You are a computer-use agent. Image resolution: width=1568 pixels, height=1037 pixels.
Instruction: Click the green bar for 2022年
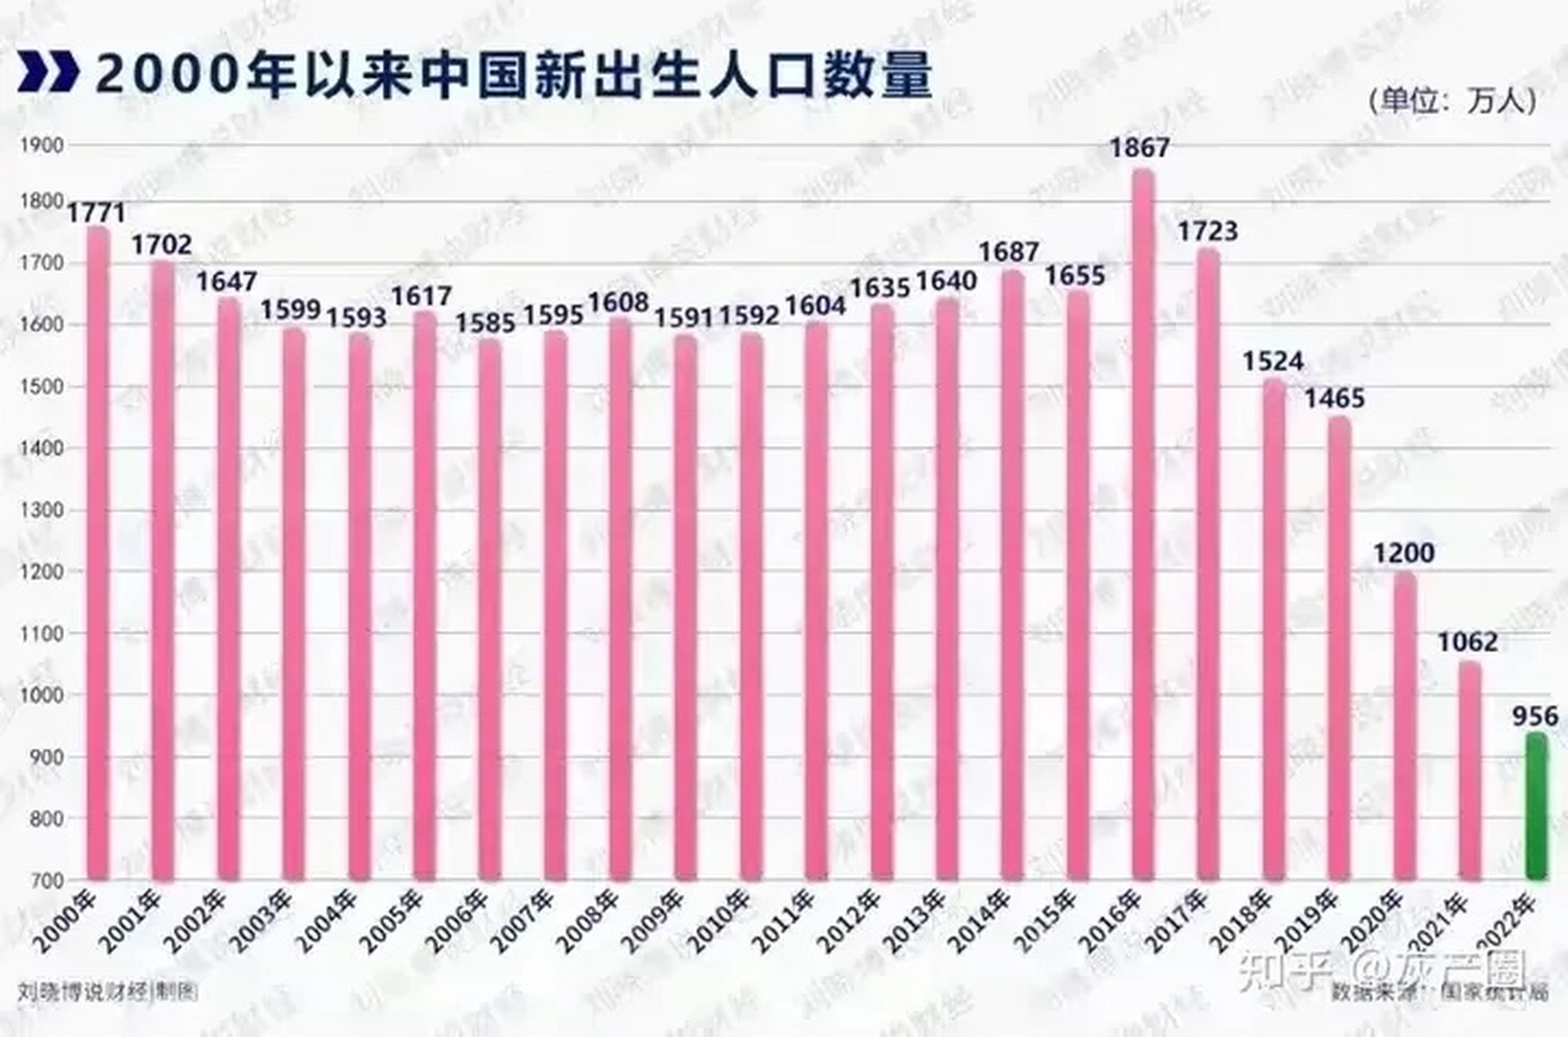1536,806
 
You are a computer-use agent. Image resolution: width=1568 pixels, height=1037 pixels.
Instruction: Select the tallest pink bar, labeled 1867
1143,527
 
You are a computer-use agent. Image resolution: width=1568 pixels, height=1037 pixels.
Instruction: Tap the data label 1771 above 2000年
96,213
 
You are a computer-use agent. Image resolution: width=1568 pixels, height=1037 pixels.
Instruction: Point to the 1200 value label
1404,553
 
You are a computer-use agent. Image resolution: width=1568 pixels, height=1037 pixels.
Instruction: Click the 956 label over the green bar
1535,716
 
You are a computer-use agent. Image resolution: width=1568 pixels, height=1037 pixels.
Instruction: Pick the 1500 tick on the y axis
41,386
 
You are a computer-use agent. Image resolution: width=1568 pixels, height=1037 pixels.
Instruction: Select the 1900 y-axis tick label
41,146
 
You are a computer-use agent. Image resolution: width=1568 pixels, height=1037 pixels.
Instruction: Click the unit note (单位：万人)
1451,100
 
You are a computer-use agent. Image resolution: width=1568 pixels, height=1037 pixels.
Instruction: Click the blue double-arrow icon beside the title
49,72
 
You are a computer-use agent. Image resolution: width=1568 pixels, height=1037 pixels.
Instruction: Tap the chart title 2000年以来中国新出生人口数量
514,75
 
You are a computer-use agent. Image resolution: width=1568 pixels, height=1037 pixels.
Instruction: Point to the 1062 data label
1468,642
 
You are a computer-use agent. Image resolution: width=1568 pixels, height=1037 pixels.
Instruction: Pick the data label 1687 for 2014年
1008,253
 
